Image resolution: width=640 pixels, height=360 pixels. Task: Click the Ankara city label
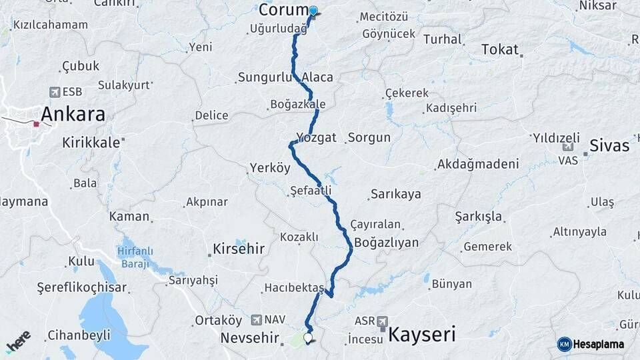[73, 114]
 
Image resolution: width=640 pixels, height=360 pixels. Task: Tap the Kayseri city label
[421, 333]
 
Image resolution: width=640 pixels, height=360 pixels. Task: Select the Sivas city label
[609, 145]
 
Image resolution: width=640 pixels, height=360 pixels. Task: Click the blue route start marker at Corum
[313, 11]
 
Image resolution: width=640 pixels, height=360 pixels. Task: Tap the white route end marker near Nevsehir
[308, 338]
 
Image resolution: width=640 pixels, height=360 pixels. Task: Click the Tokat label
[500, 49]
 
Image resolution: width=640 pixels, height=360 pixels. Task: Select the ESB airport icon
[55, 92]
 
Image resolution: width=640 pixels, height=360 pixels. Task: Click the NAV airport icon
[258, 320]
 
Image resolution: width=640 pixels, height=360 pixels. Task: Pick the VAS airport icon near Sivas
[567, 148]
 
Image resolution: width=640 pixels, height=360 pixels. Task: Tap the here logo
[18, 341]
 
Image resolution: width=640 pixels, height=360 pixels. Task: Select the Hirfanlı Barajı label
[135, 257]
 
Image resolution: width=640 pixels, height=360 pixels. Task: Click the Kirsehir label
[239, 249]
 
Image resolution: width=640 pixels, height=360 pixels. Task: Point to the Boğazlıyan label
[387, 242]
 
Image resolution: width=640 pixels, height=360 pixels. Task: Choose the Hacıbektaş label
[293, 288]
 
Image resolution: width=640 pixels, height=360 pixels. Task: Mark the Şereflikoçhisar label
[82, 287]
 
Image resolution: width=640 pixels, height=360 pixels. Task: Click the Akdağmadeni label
[477, 164]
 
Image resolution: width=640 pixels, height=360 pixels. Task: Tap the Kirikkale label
[91, 142]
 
